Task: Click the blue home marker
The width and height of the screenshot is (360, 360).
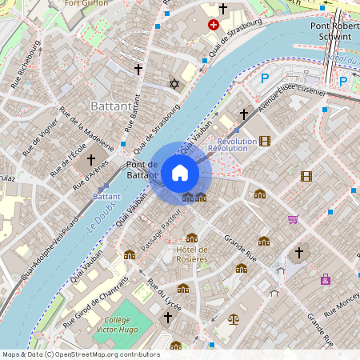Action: pyautogui.click(x=180, y=172)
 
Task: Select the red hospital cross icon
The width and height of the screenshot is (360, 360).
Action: pyautogui.click(x=213, y=26)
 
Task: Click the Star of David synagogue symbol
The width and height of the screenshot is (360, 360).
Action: pyautogui.click(x=171, y=83)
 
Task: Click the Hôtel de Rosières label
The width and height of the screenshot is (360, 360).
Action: pyautogui.click(x=191, y=254)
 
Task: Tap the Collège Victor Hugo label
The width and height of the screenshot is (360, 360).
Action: pyautogui.click(x=118, y=325)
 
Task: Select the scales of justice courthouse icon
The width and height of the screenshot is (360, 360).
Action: pyautogui.click(x=233, y=318)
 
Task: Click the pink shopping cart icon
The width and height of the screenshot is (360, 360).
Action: pyautogui.click(x=294, y=218)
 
